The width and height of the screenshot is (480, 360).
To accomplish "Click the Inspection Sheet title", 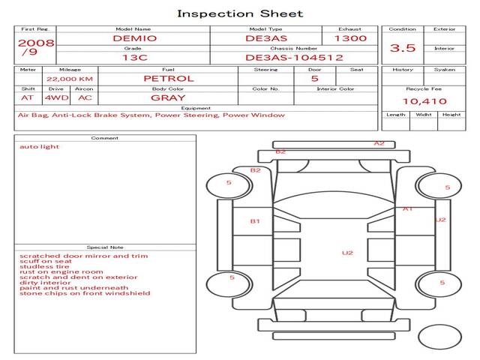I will coord(240,13).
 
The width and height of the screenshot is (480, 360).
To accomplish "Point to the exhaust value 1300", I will coord(350,38).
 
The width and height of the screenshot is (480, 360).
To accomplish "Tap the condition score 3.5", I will coord(403,48).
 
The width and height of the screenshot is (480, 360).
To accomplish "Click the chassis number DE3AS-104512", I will coord(294,57).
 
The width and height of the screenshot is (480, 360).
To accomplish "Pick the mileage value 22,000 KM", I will coord(70,79).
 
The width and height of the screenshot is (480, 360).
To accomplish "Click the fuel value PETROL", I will coord(168,78).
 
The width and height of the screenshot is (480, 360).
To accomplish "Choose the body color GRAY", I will coord(168,97).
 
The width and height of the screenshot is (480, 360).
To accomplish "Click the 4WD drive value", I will coord(55,97).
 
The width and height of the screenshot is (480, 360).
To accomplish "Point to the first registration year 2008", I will coord(35,43).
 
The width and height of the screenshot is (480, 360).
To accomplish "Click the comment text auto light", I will coord(40,147).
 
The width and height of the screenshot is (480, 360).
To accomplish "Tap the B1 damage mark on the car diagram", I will coord(255,221).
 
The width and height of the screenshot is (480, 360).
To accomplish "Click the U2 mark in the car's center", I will coord(347,253).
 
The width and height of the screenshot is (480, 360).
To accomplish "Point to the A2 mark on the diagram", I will coord(379,143).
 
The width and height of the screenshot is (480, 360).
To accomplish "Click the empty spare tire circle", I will coord(439,337).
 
